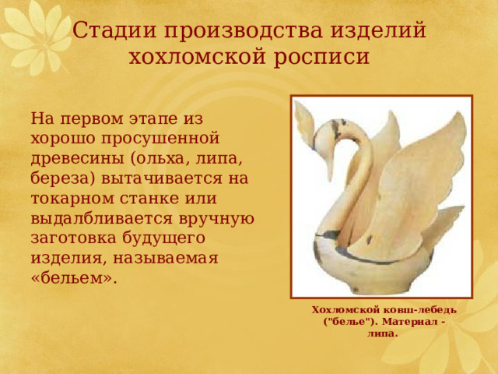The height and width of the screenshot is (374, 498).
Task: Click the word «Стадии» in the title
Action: [115, 30]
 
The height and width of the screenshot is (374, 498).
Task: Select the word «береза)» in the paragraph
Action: [63, 178]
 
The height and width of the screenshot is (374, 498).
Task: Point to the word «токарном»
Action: [72, 199]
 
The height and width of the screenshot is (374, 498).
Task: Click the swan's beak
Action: [328, 170]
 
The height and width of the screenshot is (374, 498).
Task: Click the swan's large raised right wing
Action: [420, 178]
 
